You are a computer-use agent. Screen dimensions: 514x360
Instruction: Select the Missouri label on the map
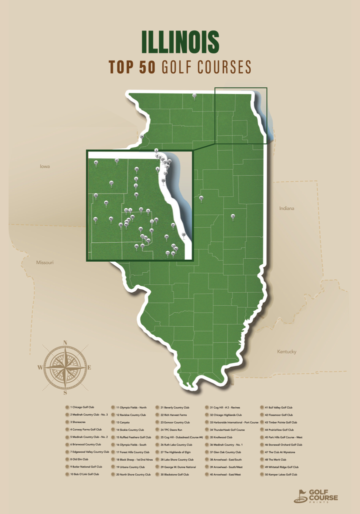(44, 262)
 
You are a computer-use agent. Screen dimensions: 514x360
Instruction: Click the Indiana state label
(287, 208)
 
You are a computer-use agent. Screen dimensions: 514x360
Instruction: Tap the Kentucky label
(286, 352)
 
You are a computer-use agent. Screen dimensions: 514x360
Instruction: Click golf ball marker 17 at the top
(194, 95)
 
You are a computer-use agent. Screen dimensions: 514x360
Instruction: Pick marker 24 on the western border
(142, 136)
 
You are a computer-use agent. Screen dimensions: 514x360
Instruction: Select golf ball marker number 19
(232, 216)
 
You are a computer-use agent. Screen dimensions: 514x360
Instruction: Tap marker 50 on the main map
(201, 198)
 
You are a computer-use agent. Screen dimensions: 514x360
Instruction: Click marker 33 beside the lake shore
(183, 234)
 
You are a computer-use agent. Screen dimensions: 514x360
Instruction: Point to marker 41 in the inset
(95, 163)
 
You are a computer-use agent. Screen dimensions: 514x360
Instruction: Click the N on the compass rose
(65, 343)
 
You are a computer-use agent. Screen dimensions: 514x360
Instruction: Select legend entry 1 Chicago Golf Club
(82, 408)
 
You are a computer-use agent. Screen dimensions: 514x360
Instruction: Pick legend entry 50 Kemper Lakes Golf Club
(281, 474)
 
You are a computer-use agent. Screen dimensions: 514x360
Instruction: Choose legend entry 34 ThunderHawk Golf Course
(229, 430)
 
